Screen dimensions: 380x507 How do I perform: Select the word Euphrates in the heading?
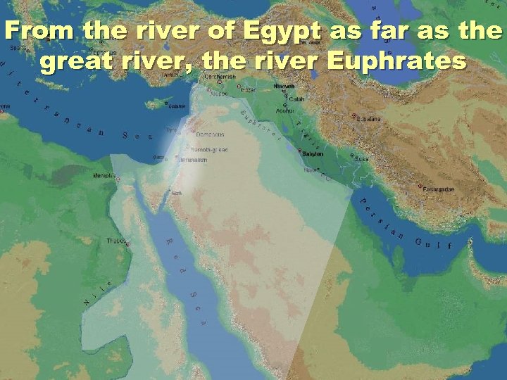pyautogui.click(x=397, y=62)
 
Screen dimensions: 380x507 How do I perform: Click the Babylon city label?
pyautogui.click(x=314, y=153)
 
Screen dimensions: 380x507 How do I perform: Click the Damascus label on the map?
pyautogui.click(x=210, y=134)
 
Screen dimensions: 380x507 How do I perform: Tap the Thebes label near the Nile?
pyautogui.click(x=115, y=241)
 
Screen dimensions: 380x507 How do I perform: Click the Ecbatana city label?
pyautogui.click(x=368, y=119)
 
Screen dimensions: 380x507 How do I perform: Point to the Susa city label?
pyautogui.click(x=361, y=159)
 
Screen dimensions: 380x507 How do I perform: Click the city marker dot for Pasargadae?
pyautogui.click(x=420, y=186)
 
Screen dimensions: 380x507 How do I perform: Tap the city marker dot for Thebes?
pyautogui.click(x=127, y=243)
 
